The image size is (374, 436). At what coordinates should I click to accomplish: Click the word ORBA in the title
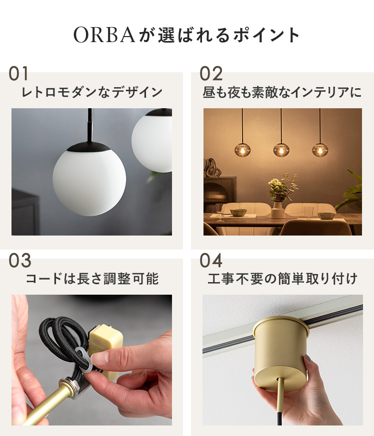(104, 35)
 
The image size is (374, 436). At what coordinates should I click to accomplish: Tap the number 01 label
(18, 74)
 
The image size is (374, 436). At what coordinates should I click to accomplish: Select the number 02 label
(211, 74)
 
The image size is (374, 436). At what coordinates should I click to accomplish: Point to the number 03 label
(19, 261)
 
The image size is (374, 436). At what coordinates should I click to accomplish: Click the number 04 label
(211, 261)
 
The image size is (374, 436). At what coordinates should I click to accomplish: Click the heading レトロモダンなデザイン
(92, 92)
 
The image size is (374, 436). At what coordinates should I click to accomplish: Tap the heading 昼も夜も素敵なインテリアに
(282, 92)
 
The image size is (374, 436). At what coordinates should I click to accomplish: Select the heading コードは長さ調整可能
(92, 279)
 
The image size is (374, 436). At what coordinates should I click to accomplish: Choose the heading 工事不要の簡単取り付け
(282, 279)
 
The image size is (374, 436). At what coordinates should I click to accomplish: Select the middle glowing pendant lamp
(281, 150)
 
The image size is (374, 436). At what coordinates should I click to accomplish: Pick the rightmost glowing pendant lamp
(320, 150)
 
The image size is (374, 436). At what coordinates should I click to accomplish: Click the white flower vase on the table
(277, 209)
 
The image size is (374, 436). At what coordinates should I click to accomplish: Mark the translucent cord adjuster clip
(83, 359)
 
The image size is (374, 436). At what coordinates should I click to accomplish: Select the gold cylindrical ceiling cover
(280, 352)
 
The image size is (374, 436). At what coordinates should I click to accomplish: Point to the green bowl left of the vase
(238, 212)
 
